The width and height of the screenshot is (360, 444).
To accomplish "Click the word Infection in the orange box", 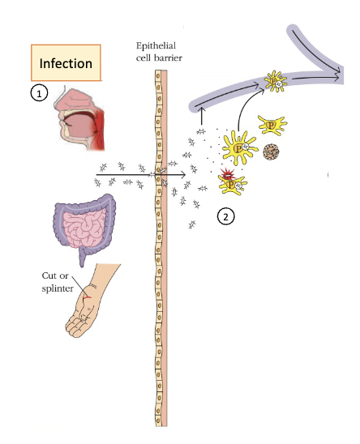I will [64, 62].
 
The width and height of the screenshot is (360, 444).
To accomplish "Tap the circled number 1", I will [37, 93].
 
